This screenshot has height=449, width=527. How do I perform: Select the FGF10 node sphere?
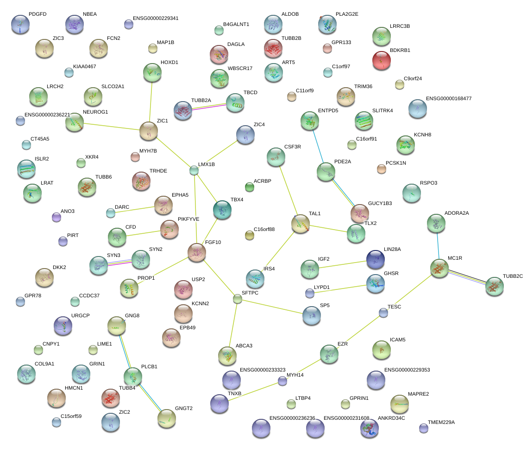[197, 252]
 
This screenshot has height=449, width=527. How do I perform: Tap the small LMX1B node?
[194, 171]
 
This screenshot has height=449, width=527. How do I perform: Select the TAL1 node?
[300, 224]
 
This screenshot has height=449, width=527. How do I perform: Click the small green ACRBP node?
[250, 187]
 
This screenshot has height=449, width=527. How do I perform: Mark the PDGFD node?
[20, 24]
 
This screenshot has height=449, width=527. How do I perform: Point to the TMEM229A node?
[423, 428]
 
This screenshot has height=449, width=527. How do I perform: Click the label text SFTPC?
[250, 293]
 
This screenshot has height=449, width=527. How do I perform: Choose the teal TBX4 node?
[222, 210]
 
